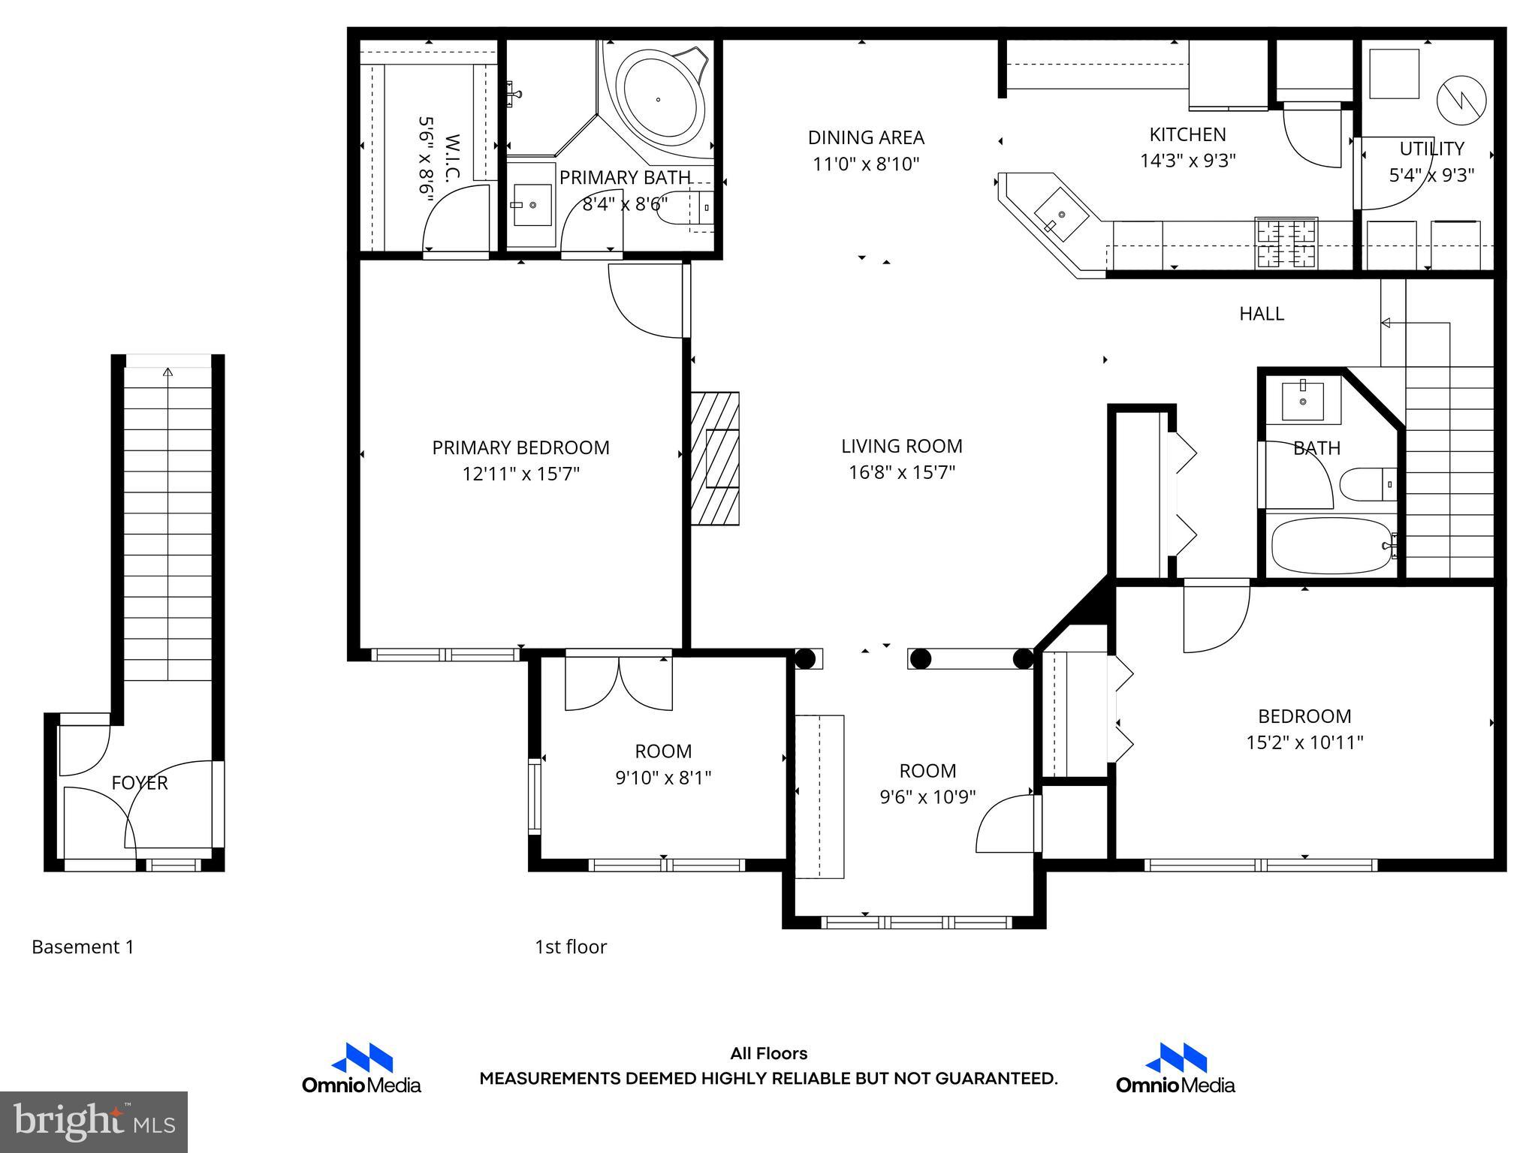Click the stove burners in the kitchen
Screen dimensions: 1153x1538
[x=1286, y=242]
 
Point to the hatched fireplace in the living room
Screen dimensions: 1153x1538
[x=715, y=458]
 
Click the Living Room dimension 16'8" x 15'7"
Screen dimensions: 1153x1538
[x=901, y=472]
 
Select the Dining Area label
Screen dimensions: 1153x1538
[x=866, y=137]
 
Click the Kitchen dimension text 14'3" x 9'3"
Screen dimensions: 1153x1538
[x=1187, y=161]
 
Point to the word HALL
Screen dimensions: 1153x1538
[x=1261, y=314]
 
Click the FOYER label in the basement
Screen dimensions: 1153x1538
[x=139, y=783]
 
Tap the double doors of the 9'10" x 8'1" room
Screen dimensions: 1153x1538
[x=618, y=683]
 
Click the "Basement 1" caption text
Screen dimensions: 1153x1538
[x=83, y=947]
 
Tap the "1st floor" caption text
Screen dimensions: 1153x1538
[x=570, y=947]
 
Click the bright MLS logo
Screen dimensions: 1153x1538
[x=94, y=1121]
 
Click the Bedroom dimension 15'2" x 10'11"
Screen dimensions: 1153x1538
[x=1304, y=742]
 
